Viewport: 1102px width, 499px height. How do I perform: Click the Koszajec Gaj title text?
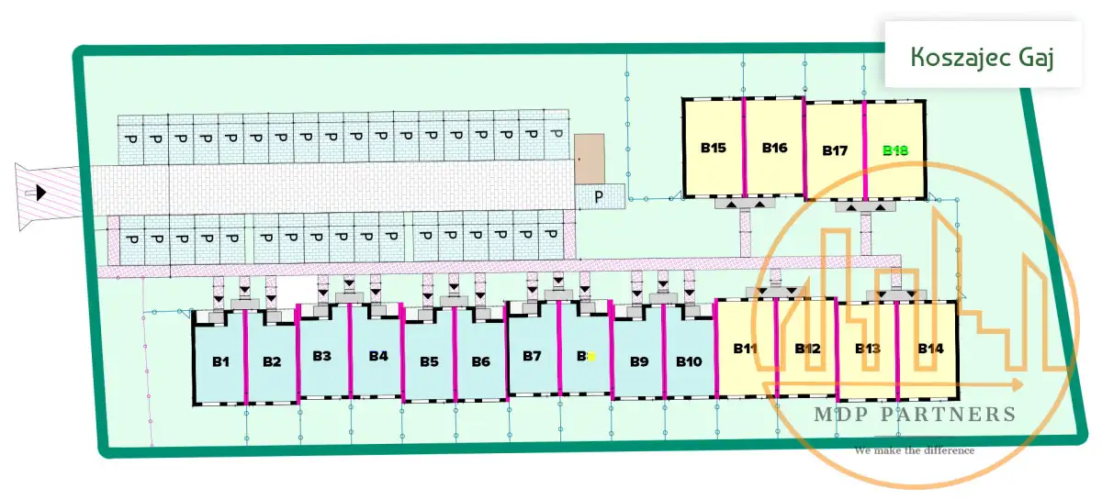(x=982, y=56)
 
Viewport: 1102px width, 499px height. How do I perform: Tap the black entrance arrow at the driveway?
(x=40, y=192)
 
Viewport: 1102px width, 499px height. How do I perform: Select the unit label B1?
(x=220, y=361)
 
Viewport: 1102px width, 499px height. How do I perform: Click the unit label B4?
(x=378, y=356)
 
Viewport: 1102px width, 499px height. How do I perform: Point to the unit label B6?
(x=480, y=361)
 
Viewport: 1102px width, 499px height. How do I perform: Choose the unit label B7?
(x=532, y=356)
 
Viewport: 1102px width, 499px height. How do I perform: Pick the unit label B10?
(x=689, y=361)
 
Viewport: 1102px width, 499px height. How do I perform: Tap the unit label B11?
(x=745, y=349)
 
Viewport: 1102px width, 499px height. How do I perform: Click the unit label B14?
(x=930, y=349)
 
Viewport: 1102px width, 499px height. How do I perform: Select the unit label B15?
(x=713, y=148)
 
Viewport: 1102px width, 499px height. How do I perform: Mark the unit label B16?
(x=774, y=148)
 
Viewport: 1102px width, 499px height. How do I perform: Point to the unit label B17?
(x=834, y=150)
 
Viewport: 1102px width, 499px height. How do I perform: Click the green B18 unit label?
(x=895, y=150)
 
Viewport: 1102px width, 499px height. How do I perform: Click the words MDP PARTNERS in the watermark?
(x=915, y=415)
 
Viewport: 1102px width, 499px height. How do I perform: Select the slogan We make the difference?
(x=914, y=450)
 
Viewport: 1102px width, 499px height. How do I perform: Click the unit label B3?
(x=321, y=356)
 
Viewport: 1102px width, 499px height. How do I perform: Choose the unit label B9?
(x=639, y=361)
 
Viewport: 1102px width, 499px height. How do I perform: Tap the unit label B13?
(x=868, y=349)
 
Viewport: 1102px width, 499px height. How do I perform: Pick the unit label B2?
(x=272, y=361)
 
